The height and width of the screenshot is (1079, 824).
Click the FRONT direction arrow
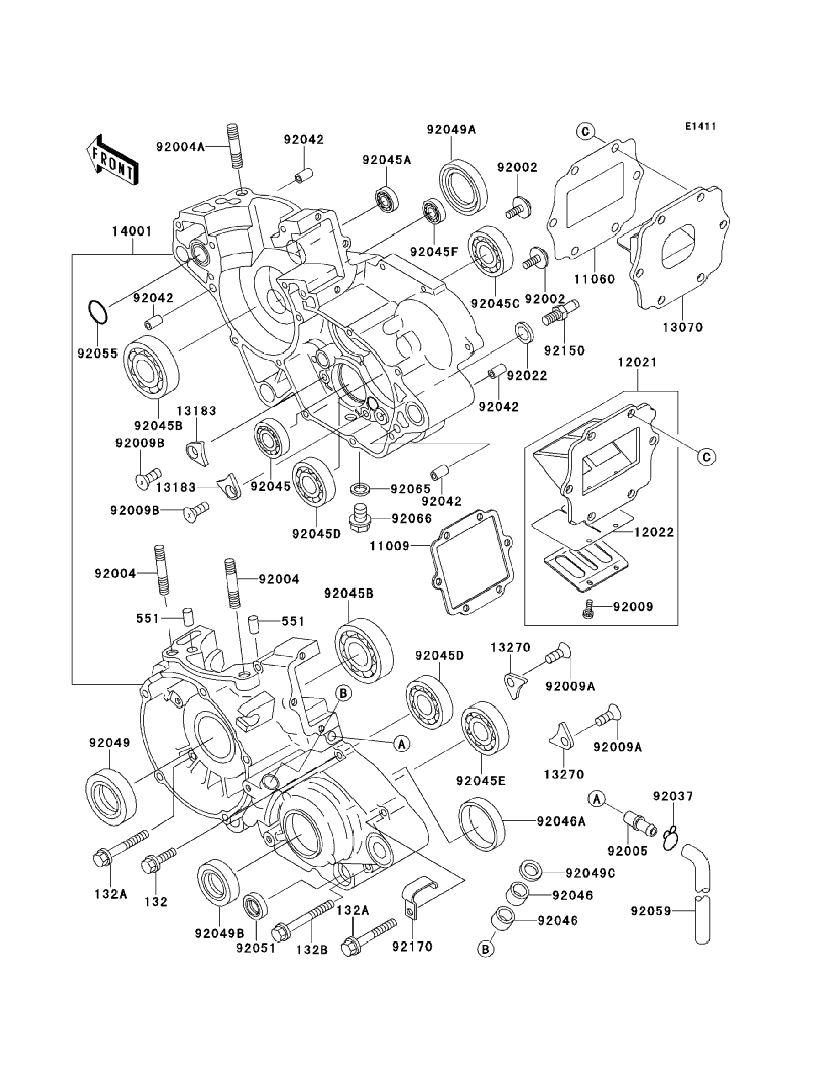112,160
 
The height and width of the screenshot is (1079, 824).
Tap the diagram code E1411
700,127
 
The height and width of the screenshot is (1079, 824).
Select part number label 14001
132,232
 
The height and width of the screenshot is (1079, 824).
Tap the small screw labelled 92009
587,608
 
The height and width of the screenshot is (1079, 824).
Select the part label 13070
683,327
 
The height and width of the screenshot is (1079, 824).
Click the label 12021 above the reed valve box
637,362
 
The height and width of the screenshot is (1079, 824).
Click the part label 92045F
433,252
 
